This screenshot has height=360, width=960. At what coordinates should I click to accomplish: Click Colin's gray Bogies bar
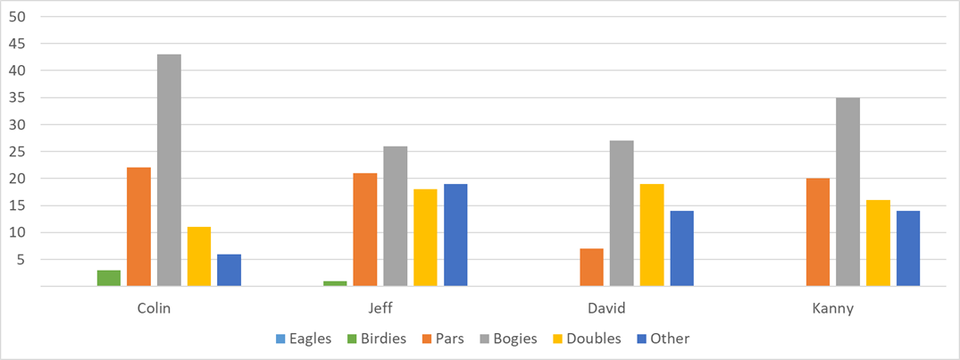[169, 170]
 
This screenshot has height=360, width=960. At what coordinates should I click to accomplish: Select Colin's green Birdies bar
[109, 278]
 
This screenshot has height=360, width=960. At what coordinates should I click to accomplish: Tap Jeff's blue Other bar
[455, 235]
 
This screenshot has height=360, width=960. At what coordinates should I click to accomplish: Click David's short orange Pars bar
[591, 267]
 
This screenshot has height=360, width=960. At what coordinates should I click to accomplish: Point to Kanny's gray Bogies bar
[848, 192]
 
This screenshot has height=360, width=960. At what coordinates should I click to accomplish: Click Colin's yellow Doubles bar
[199, 256]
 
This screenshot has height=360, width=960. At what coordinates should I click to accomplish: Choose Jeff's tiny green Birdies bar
[335, 283]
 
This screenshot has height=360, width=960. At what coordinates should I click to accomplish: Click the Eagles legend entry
[303, 339]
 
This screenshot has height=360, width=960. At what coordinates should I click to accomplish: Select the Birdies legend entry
[380, 339]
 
